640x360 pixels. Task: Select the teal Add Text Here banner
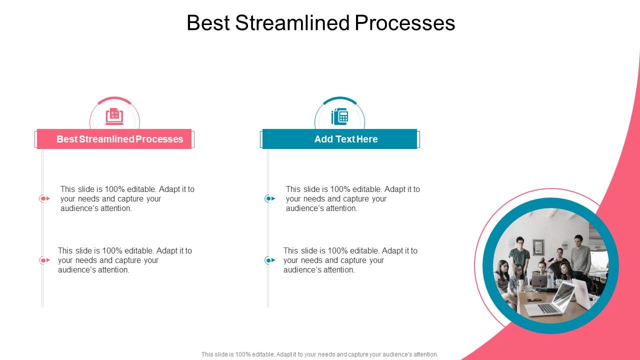tap(339, 139)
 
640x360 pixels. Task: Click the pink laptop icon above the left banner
tap(114, 116)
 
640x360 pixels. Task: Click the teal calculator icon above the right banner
tap(339, 116)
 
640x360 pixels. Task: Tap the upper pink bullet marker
tap(44, 198)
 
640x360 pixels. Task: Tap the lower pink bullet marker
tap(44, 260)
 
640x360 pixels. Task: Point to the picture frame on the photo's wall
tap(538, 246)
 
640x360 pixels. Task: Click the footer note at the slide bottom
tap(320, 354)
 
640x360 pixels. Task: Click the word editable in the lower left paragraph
tap(139, 250)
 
